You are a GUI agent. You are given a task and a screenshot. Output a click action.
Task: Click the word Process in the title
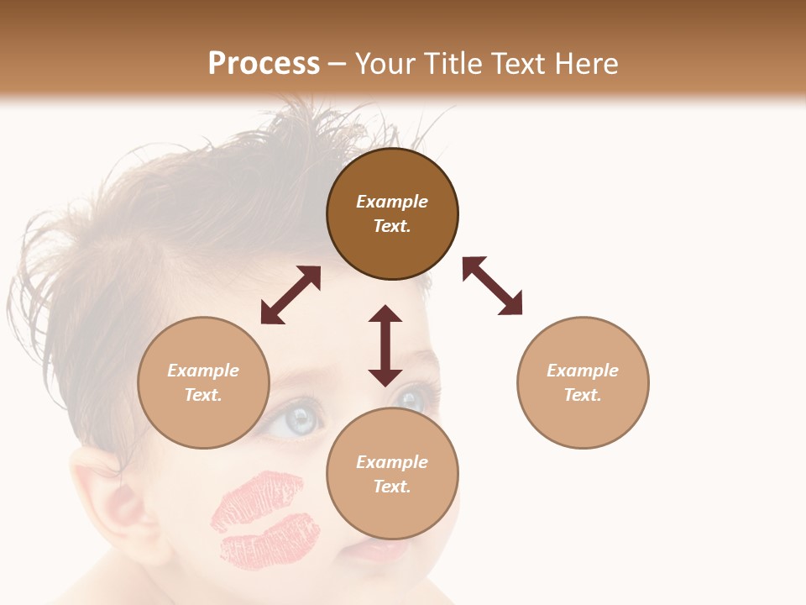pos(264,64)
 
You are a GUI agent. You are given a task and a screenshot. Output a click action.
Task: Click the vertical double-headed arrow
pos(385,345)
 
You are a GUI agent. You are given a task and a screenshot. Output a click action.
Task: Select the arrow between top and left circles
pos(290,295)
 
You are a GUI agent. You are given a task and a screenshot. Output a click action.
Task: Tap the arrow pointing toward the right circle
pos(492,286)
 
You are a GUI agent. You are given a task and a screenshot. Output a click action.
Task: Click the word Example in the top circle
pos(392,202)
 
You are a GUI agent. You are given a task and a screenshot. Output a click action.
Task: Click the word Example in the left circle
pos(203,371)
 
